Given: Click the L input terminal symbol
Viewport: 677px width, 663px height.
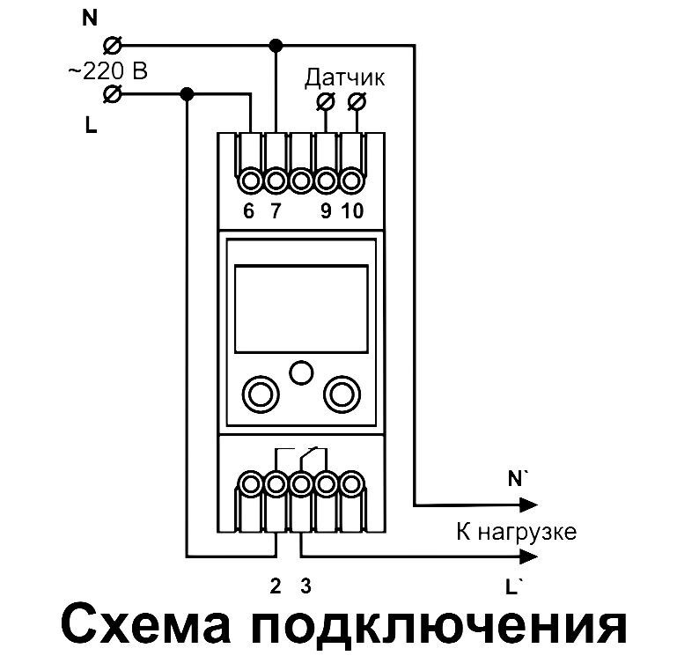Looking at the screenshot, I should coord(112,93).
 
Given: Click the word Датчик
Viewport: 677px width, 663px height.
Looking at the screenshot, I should coord(345,78).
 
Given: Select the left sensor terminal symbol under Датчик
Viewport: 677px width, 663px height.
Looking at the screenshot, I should coord(325,103).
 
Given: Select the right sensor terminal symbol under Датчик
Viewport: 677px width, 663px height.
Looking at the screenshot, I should coord(356,103).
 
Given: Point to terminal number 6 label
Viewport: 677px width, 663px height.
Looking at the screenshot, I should coord(249,212).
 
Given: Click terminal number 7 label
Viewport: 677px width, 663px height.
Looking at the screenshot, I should coord(276,212).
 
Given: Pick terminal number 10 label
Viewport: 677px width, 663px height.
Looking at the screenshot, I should coord(352,212).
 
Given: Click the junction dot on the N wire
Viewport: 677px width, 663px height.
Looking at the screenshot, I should coord(276,44).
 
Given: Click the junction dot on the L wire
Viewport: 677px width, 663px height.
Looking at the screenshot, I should coord(186,93).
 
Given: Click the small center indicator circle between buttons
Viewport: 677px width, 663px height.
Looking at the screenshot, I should coord(301,372).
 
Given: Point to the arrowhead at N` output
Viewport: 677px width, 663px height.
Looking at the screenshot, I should coord(527,505).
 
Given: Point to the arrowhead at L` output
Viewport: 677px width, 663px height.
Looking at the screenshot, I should coord(527,556).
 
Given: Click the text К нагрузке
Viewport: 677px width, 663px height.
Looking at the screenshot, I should coord(515,531).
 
